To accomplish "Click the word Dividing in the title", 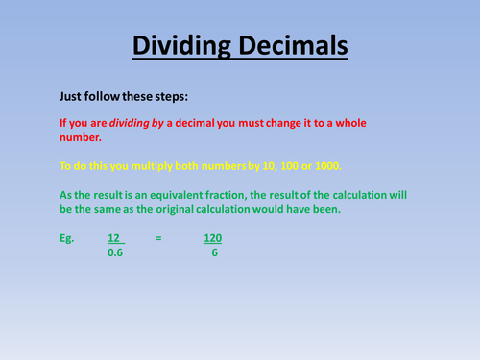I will (180, 45).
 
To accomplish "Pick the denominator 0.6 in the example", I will (114, 253).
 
